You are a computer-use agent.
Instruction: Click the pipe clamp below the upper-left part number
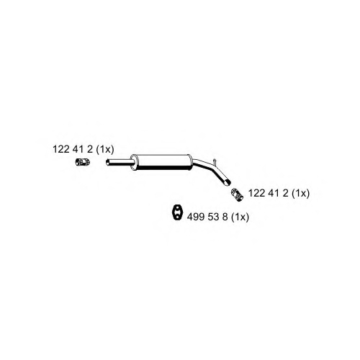tap(83, 162)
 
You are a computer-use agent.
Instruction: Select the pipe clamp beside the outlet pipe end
tap(237, 195)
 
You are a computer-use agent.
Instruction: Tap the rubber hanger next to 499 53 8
tap(178, 212)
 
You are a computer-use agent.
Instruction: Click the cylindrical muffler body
tap(162, 163)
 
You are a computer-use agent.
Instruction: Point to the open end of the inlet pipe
tap(107, 163)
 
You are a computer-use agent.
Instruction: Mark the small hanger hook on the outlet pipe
tap(215, 161)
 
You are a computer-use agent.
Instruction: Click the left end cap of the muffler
tap(133, 163)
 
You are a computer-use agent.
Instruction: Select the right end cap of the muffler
tap(191, 163)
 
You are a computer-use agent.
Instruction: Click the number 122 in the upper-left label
tap(61, 149)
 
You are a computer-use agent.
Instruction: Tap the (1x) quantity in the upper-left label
tap(105, 150)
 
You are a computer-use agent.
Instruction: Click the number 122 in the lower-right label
tap(257, 193)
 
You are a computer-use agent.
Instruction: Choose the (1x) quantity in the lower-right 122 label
tap(300, 193)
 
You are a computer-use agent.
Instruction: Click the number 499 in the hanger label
tap(196, 217)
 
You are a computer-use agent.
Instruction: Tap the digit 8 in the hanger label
tap(225, 217)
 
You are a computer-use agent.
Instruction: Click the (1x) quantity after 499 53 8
tap(240, 217)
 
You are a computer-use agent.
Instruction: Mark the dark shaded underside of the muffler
tap(162, 168)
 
